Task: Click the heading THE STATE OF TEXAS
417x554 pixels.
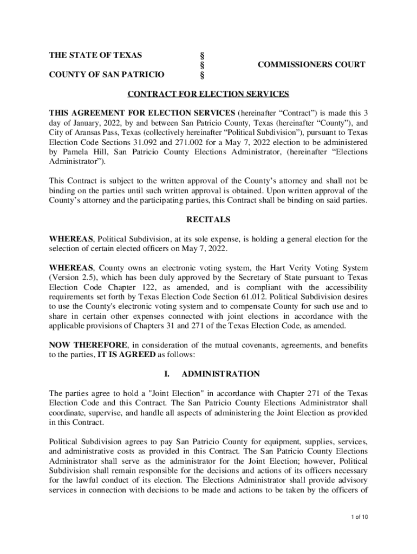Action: tap(96, 55)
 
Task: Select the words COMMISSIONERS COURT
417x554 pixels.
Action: tap(311, 65)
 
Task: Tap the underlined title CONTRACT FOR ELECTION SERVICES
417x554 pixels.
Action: tap(208, 94)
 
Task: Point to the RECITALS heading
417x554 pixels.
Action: tap(208, 220)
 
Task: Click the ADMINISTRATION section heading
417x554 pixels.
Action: tap(221, 374)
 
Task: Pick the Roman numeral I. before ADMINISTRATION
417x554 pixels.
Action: tap(167, 374)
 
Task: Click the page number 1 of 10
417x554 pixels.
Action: tap(359, 517)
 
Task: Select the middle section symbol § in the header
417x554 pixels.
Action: tap(202, 65)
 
